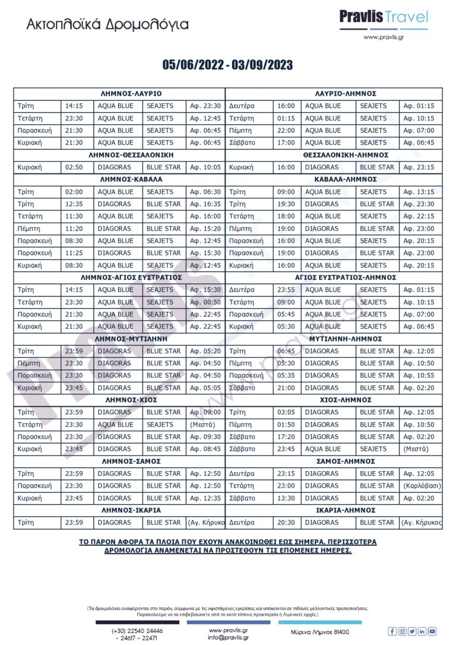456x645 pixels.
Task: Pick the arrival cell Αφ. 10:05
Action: pos(205,167)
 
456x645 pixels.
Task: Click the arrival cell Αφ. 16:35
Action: pos(205,204)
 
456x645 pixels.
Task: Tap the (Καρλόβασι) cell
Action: pos(421,486)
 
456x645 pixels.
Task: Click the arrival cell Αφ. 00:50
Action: pos(205,302)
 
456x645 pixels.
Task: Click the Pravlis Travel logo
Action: pos(383,19)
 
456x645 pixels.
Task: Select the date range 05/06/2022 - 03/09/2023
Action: pos(227,65)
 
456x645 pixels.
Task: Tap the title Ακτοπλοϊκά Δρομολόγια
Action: pos(107,25)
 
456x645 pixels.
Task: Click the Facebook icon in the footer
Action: pos(392,631)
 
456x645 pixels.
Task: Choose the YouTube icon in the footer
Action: pos(432,631)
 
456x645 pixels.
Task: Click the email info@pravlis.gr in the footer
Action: pos(228,637)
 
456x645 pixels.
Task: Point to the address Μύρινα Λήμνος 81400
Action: pos(320,633)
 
